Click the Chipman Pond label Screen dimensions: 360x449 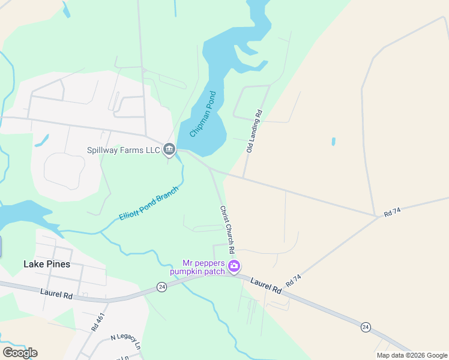point(203,114)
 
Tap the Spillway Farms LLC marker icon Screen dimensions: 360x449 point(169,149)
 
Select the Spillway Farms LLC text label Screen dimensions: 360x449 point(124,150)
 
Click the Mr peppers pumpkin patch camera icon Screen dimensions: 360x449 point(234,265)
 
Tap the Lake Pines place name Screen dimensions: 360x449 point(46,264)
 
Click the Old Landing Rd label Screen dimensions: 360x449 point(255,130)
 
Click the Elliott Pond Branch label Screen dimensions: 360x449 point(149,208)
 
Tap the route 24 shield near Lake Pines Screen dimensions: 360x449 point(161,287)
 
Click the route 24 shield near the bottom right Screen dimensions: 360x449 point(365,326)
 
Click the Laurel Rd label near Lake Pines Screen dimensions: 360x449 point(56,294)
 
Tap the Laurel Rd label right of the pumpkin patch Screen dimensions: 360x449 point(266,285)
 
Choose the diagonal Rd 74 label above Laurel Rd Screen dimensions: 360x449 point(293,280)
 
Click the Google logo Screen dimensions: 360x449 point(20,352)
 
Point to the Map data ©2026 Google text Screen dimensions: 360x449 point(411,355)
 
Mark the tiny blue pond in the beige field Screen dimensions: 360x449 point(333,142)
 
